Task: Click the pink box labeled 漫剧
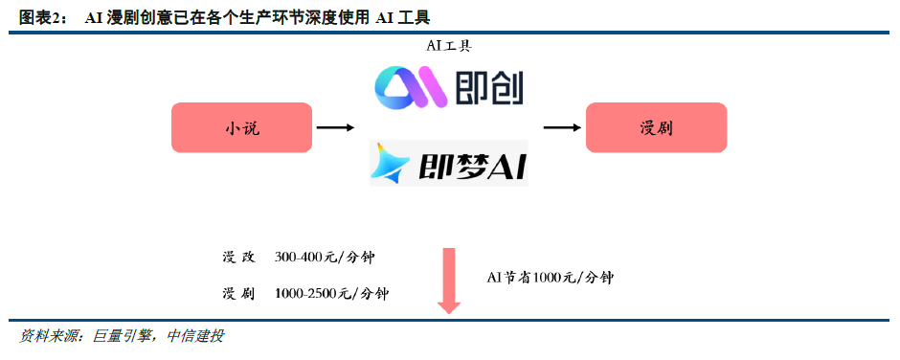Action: click(x=656, y=127)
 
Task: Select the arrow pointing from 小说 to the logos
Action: click(x=335, y=127)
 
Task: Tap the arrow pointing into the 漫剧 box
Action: click(x=562, y=127)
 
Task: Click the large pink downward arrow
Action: click(x=449, y=281)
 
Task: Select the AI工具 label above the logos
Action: click(x=449, y=46)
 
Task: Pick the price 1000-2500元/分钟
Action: click(x=332, y=293)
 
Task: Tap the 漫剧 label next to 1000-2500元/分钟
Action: click(x=238, y=293)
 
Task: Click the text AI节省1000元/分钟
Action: click(x=550, y=278)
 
